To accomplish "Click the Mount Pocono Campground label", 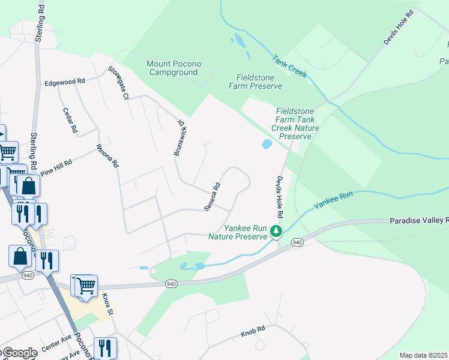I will coord(173,68).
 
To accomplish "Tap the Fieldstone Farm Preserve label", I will coord(259,82).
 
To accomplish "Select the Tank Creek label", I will coord(289,67).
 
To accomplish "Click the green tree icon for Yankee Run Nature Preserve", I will coord(276,231).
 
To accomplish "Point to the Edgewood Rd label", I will coord(65,82).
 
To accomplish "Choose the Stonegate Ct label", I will coord(118,83).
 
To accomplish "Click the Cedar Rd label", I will coord(70,120).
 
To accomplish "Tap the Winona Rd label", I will coord(108,155).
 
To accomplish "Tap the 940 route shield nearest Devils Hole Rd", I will coord(297,242).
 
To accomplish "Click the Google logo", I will coord(19,353).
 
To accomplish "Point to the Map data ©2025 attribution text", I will coord(423,355).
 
